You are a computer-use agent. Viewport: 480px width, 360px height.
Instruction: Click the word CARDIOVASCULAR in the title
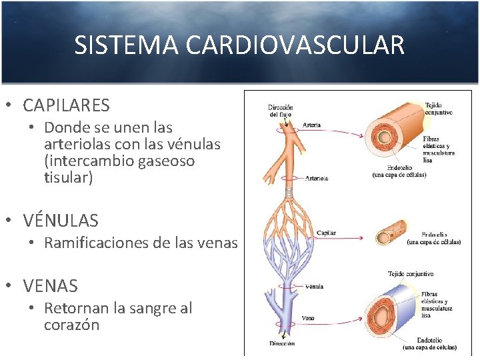[x=295, y=45]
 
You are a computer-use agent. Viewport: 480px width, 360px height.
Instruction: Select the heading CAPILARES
[x=66, y=105]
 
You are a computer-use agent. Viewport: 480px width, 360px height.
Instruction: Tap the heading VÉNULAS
[x=60, y=220]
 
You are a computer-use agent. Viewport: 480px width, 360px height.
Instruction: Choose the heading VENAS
[x=50, y=286]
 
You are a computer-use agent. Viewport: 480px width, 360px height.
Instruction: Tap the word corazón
[x=71, y=325]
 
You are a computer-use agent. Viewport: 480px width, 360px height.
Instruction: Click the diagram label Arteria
[x=311, y=125]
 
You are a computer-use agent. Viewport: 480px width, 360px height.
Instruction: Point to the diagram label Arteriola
[x=317, y=178]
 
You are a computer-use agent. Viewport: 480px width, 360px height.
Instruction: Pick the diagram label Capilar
[x=326, y=233]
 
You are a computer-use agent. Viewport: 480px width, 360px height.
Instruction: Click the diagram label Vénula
[x=313, y=287]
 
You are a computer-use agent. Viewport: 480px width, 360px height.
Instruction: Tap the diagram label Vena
[x=309, y=318]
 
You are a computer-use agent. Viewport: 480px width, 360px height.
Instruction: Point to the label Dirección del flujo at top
[x=281, y=111]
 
